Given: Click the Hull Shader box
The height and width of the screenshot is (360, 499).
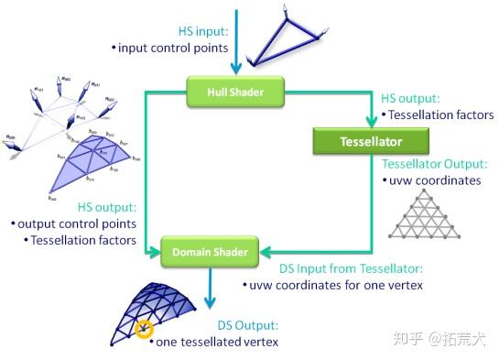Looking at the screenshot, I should (x=235, y=90).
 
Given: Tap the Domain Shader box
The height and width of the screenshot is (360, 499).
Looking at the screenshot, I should (x=211, y=248).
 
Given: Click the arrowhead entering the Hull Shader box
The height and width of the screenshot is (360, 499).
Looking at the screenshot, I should (x=236, y=68).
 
